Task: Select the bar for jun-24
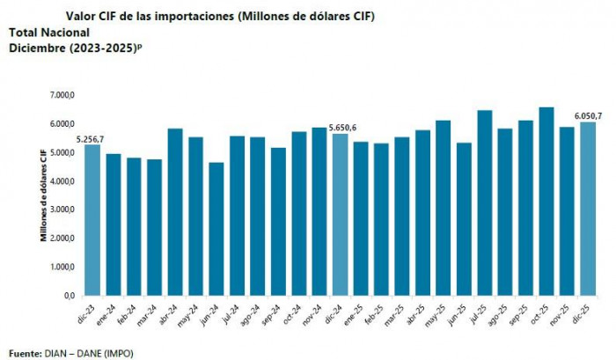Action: point(216,229)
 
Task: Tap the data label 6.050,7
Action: point(588,115)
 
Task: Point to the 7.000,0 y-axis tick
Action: point(64,95)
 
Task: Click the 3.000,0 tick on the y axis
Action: point(64,209)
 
